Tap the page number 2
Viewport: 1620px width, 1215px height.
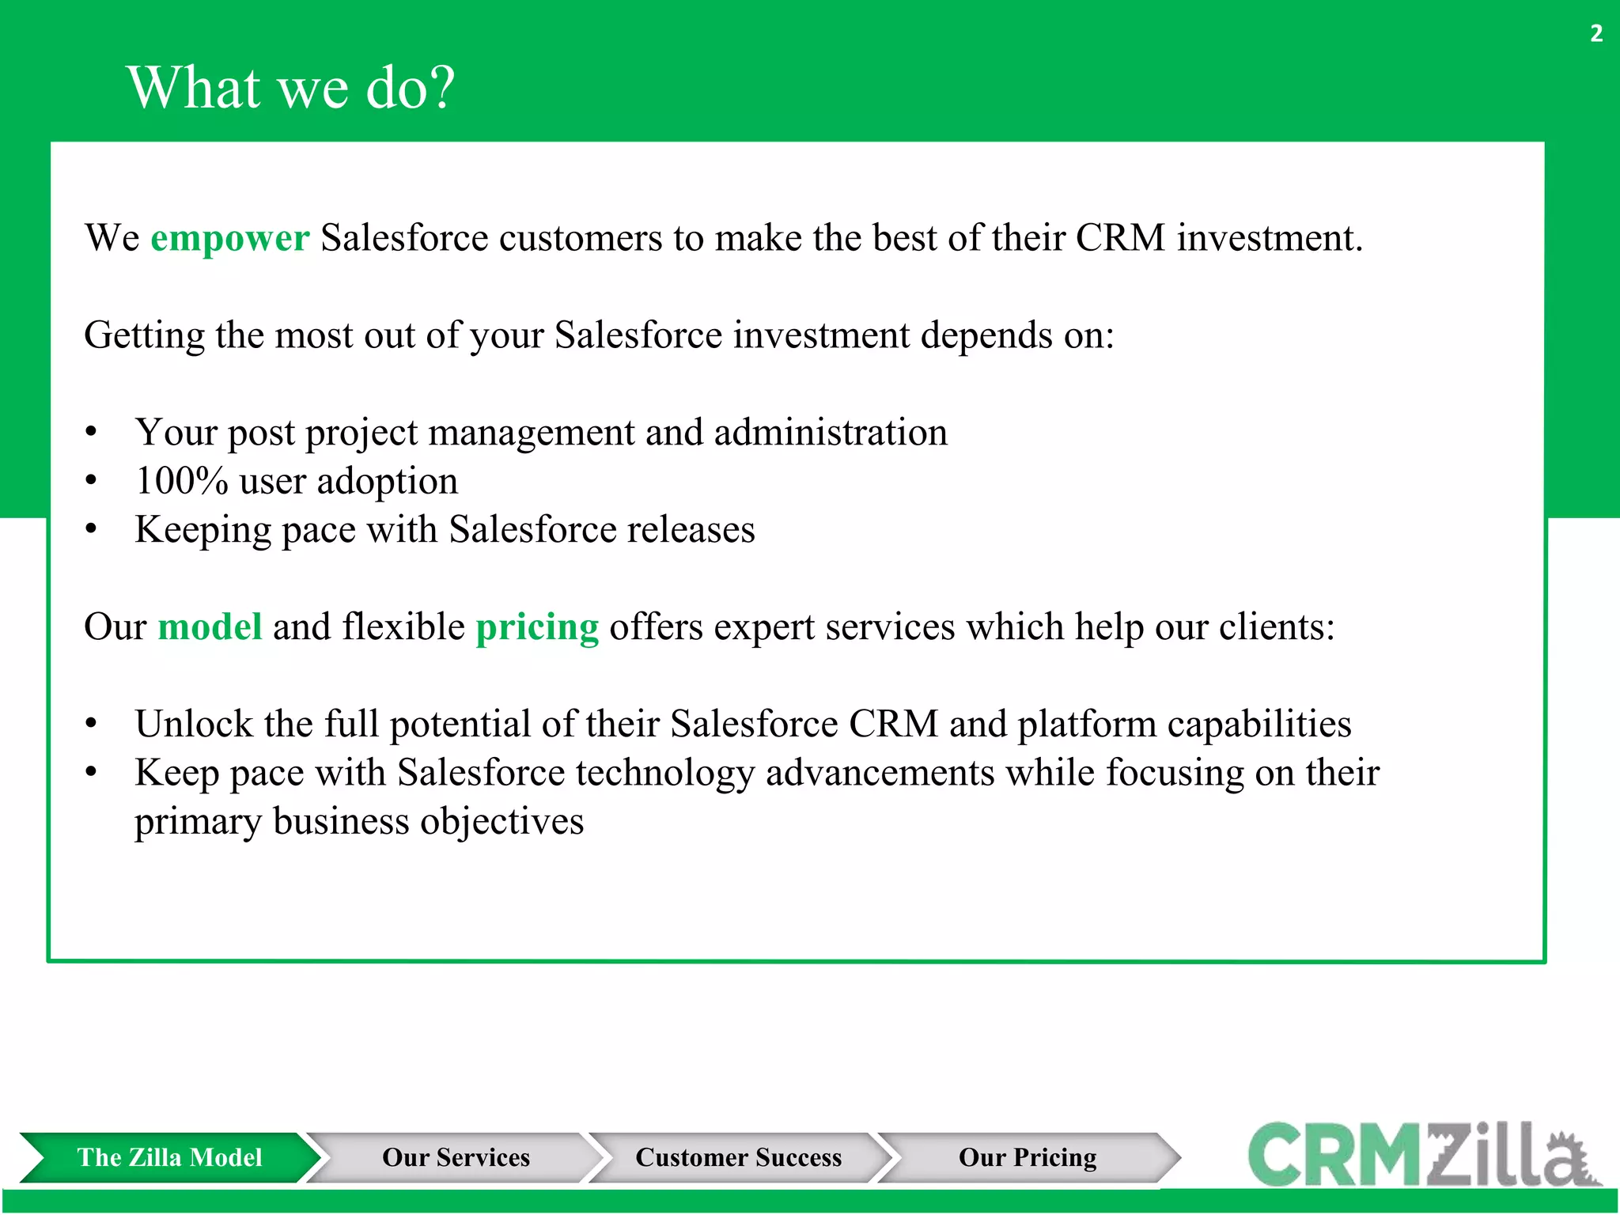click(1596, 33)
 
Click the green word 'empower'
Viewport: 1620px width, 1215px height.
click(229, 238)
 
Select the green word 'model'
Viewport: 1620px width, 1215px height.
click(210, 626)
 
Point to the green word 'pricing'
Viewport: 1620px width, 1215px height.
click(537, 626)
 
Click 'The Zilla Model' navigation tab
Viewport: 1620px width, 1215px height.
click(169, 1157)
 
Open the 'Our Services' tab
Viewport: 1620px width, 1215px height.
click(456, 1157)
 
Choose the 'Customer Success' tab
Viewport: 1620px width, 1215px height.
click(738, 1157)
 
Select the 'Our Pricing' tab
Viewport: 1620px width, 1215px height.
click(1028, 1157)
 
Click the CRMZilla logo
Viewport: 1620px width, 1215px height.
click(1424, 1155)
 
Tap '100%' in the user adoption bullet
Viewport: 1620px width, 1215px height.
click(182, 481)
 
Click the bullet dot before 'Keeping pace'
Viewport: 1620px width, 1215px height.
click(92, 529)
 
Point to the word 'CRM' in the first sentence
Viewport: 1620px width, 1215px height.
click(1120, 238)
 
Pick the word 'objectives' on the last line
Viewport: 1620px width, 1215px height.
click(502, 821)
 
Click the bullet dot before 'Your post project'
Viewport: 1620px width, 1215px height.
click(92, 433)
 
